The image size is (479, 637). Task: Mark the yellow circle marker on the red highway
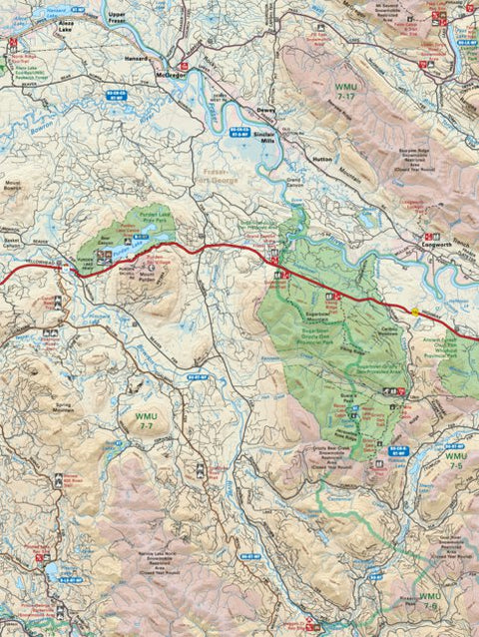tap(416, 313)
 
